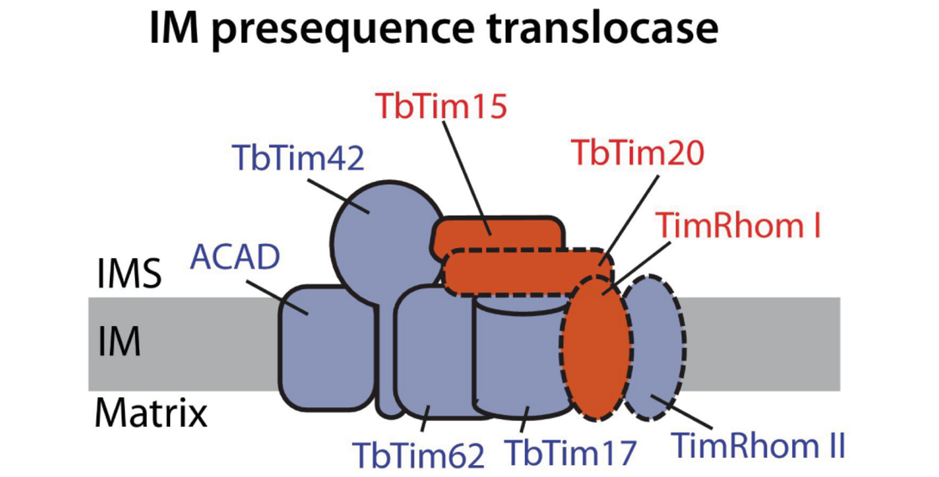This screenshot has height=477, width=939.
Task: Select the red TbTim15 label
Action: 441,106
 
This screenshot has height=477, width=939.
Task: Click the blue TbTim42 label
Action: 298,158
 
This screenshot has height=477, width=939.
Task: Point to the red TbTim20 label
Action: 637,152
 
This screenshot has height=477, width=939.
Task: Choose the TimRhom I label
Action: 738,225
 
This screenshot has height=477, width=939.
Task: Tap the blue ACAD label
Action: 235,257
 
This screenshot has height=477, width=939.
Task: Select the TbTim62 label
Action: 418,455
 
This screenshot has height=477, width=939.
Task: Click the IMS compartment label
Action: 129,274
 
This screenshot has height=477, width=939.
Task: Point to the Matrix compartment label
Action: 151,413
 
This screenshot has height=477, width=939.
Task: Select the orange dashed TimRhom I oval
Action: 596,352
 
